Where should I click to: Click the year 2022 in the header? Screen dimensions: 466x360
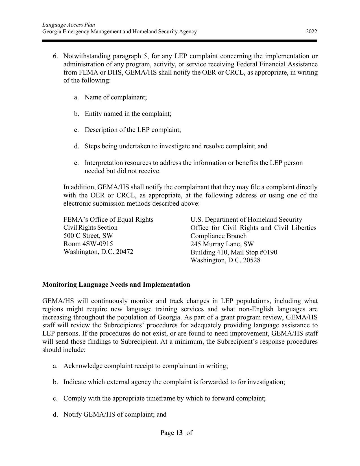[x=311, y=32]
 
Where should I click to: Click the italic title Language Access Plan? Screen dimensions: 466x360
[x=69, y=25]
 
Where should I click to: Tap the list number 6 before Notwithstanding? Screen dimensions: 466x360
[x=55, y=56]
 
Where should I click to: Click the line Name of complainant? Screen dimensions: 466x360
[x=115, y=97]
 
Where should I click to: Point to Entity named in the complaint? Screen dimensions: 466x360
[x=128, y=114]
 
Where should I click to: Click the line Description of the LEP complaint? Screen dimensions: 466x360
[x=132, y=130]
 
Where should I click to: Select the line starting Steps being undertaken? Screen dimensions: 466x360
[x=176, y=146]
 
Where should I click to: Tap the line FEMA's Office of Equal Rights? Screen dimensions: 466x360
[x=108, y=219]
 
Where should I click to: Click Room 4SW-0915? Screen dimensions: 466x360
[x=88, y=244]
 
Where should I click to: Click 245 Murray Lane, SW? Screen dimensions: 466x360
[x=222, y=244]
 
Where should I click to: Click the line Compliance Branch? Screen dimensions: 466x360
[x=218, y=236]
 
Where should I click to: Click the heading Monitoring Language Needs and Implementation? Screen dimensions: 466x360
[x=116, y=284]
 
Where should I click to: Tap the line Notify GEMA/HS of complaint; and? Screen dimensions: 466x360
[x=115, y=414]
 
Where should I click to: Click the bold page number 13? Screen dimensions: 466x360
[x=179, y=433]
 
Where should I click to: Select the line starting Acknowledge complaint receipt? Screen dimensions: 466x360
[x=145, y=366]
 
